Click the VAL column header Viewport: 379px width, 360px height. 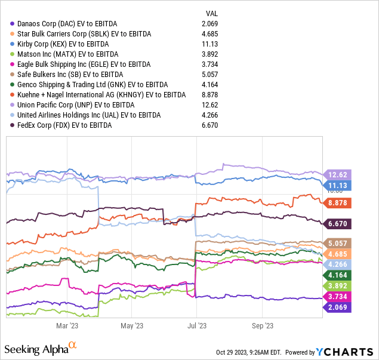pyautogui.click(x=212, y=13)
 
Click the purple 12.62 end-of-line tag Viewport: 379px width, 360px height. pyautogui.click(x=337, y=175)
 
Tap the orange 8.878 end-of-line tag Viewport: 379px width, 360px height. pyautogui.click(x=337, y=202)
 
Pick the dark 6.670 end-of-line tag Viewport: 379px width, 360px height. pyautogui.click(x=337, y=224)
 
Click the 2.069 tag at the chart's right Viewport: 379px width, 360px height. pyautogui.click(x=337, y=306)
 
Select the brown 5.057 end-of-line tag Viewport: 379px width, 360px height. pyautogui.click(x=337, y=244)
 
